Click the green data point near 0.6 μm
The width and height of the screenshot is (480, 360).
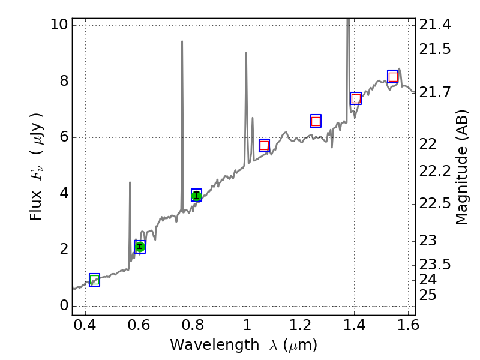(140, 247)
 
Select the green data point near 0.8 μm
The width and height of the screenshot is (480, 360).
(196, 195)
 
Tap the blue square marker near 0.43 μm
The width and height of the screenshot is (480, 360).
(94, 280)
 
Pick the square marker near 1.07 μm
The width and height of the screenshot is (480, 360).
(264, 145)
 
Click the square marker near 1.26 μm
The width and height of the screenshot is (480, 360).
(316, 121)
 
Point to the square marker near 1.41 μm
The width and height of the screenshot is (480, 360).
(356, 98)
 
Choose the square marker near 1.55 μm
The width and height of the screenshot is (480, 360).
(393, 77)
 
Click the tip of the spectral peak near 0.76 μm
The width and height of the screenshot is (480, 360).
(182, 41)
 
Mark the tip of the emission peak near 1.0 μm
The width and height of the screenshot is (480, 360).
(246, 53)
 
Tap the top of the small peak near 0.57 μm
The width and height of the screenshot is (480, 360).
(130, 182)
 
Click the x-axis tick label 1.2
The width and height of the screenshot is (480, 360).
(300, 328)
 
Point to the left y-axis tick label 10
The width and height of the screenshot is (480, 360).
(59, 25)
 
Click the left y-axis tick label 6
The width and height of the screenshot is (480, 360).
(62, 137)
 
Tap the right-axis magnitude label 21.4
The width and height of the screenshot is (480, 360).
(436, 25)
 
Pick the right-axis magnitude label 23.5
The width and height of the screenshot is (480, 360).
(436, 265)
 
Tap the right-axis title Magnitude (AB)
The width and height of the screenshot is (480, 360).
(461, 167)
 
